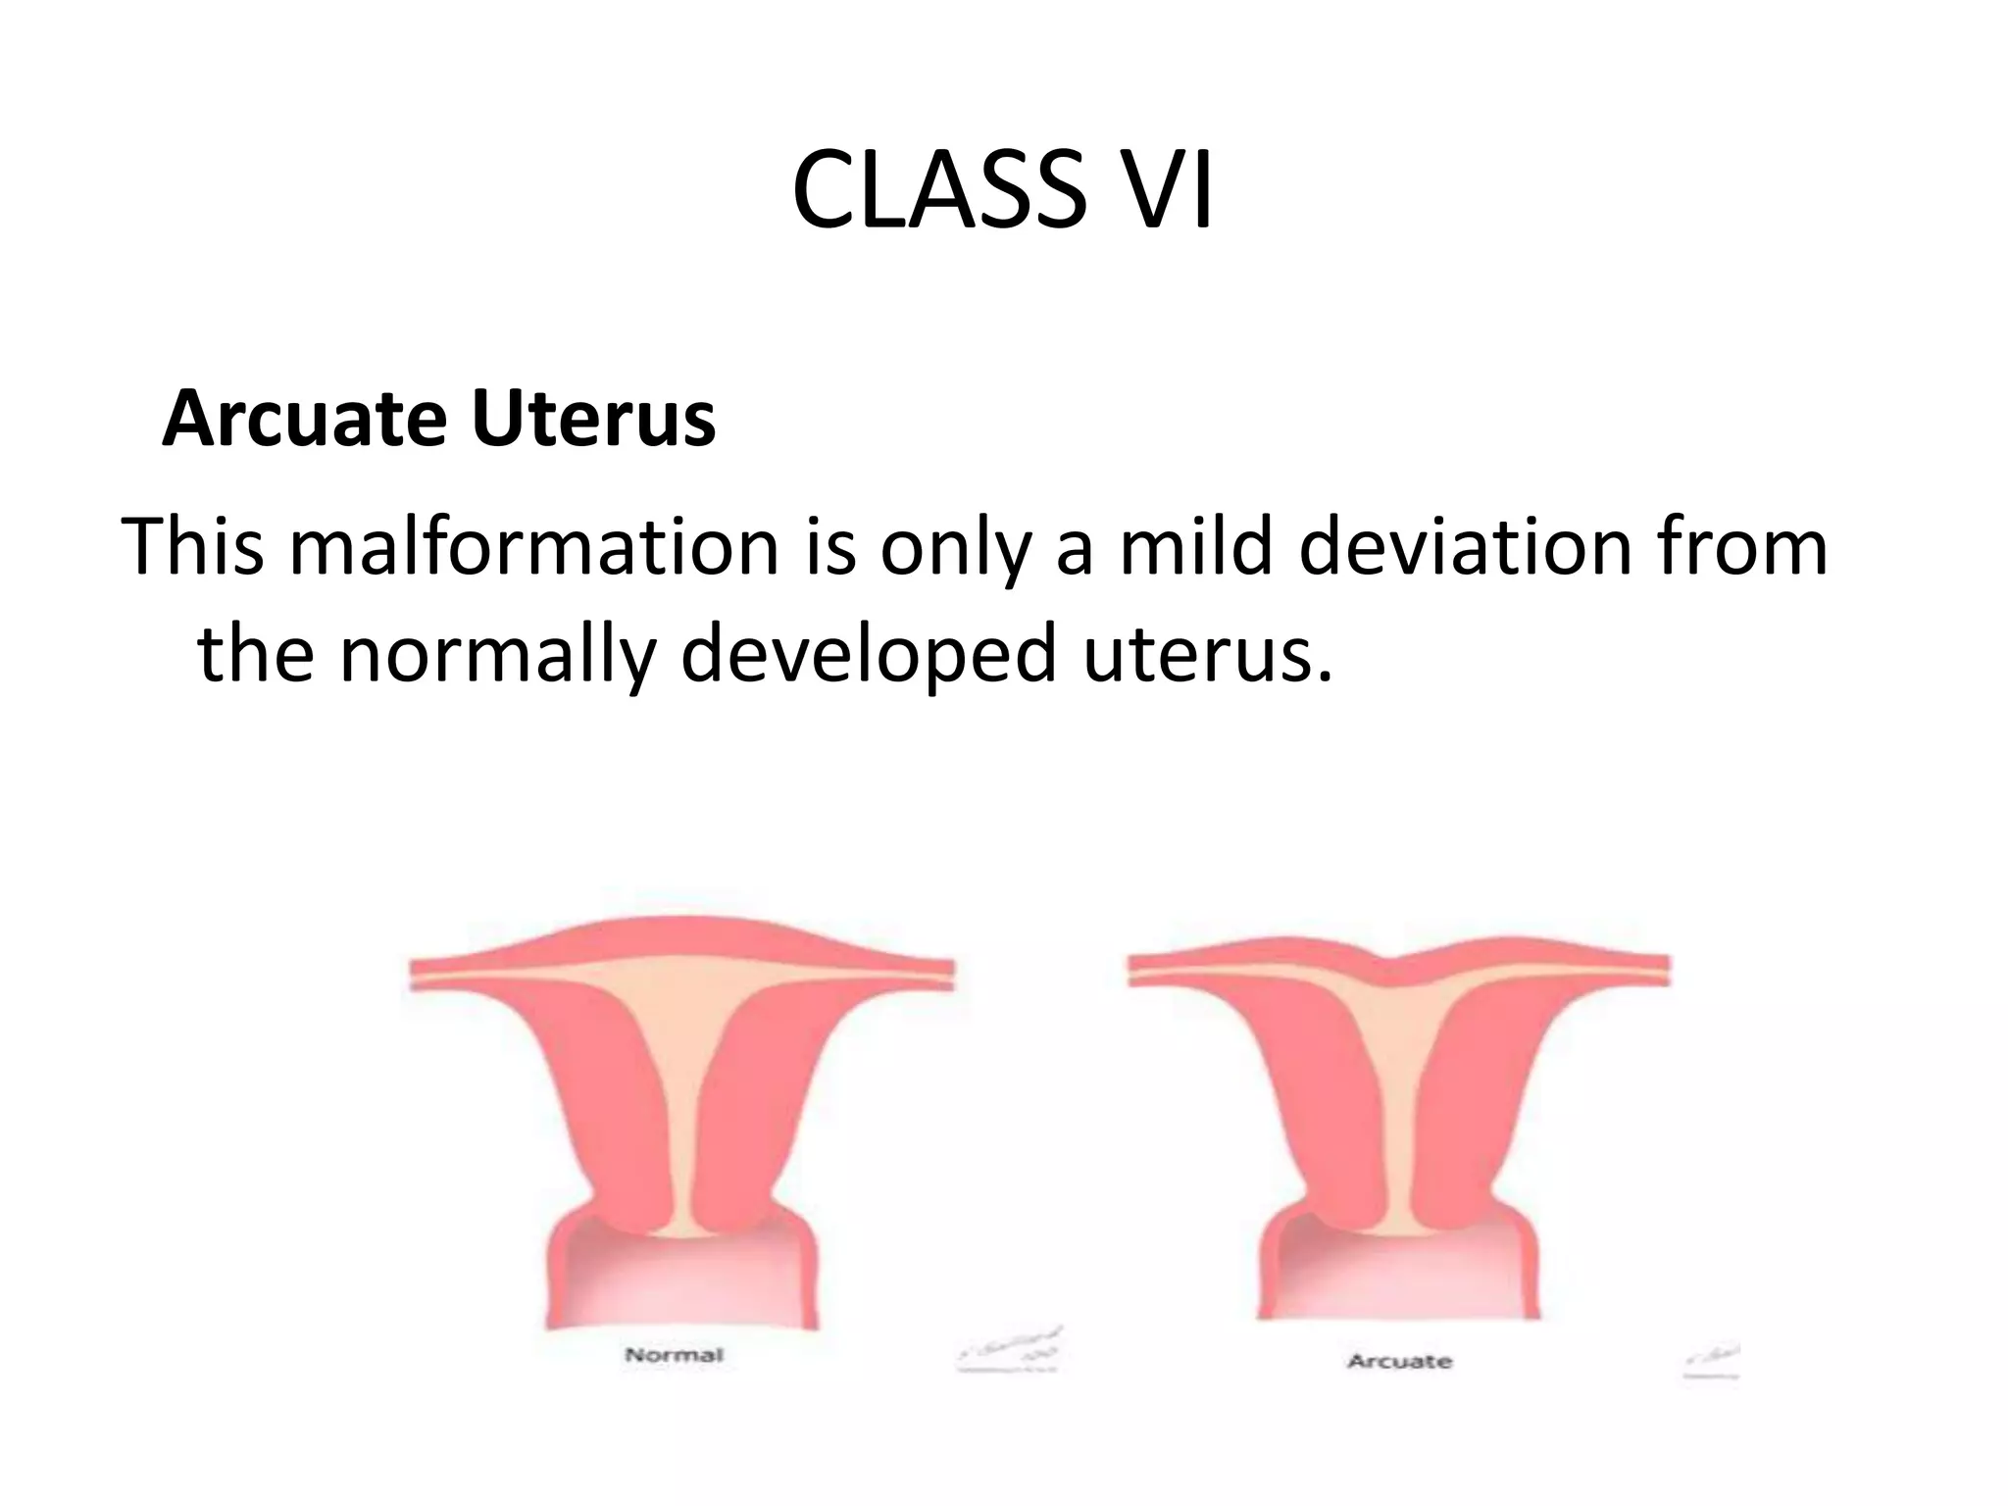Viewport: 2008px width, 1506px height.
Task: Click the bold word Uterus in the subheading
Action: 593,419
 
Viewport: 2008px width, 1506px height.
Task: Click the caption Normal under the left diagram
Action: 675,1355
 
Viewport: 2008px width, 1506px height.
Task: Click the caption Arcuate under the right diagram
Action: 1399,1361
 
